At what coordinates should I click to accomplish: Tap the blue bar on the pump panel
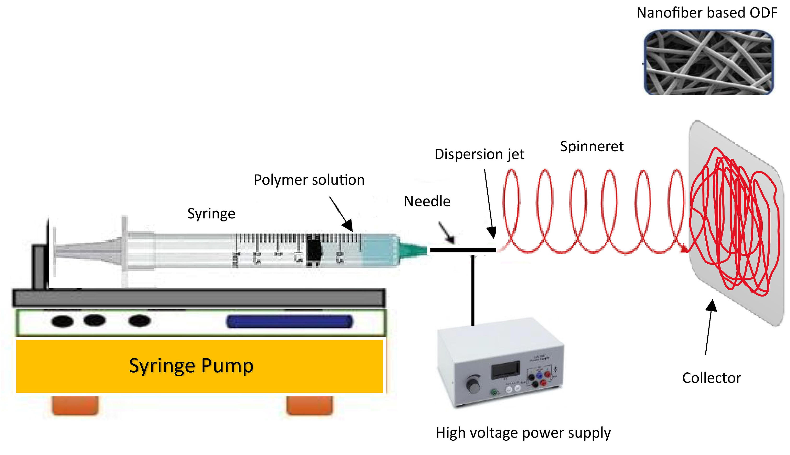[289, 322]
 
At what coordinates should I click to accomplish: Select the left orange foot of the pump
[75, 405]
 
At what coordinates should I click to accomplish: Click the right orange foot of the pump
[310, 405]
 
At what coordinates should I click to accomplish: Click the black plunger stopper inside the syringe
[314, 250]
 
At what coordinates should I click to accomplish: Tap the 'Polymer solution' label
[309, 180]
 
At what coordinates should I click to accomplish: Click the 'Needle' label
[427, 201]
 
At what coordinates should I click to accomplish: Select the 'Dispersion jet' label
[479, 154]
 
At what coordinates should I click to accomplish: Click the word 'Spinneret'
[592, 146]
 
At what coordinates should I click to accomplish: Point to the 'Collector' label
[711, 378]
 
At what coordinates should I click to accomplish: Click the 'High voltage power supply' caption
[523, 433]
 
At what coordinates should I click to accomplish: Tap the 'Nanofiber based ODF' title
[707, 13]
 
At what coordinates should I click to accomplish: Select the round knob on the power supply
[474, 385]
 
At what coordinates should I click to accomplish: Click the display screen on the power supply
[505, 370]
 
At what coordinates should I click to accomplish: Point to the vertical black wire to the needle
[473, 291]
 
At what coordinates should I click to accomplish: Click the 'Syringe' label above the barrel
[211, 214]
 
